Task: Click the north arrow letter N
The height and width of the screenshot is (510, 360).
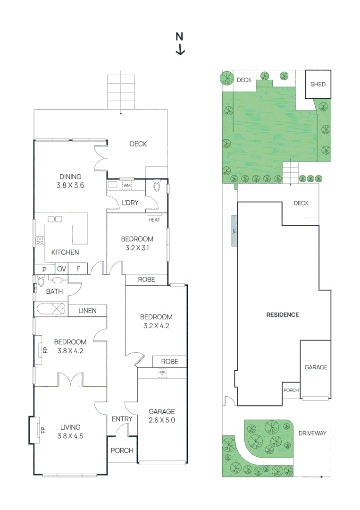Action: click(x=179, y=36)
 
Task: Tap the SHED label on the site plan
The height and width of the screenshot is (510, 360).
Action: click(x=318, y=85)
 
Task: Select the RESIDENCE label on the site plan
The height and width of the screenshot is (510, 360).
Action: click(x=283, y=314)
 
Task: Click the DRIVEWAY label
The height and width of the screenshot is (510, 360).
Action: click(x=312, y=433)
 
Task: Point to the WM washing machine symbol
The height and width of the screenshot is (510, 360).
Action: click(x=126, y=186)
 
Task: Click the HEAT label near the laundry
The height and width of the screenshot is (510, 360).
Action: click(x=154, y=220)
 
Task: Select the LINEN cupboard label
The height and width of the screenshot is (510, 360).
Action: click(x=87, y=310)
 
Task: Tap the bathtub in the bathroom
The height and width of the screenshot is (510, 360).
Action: click(x=51, y=309)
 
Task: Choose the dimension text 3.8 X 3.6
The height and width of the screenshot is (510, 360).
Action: click(x=70, y=186)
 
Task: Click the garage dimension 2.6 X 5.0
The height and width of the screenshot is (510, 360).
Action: click(x=161, y=419)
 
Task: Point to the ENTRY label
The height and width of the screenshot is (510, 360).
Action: click(x=122, y=419)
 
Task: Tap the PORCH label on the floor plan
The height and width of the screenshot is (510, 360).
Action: click(x=122, y=450)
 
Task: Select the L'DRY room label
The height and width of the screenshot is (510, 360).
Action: click(x=130, y=203)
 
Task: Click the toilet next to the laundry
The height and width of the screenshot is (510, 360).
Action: click(x=157, y=187)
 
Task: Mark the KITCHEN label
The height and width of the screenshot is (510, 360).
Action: click(x=65, y=252)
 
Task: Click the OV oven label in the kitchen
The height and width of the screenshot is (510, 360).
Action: click(x=61, y=269)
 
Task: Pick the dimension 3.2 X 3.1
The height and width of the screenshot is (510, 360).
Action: click(x=137, y=247)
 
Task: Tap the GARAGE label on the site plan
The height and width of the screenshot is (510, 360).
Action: click(x=315, y=367)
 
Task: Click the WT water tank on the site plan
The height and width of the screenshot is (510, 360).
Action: click(x=234, y=231)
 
